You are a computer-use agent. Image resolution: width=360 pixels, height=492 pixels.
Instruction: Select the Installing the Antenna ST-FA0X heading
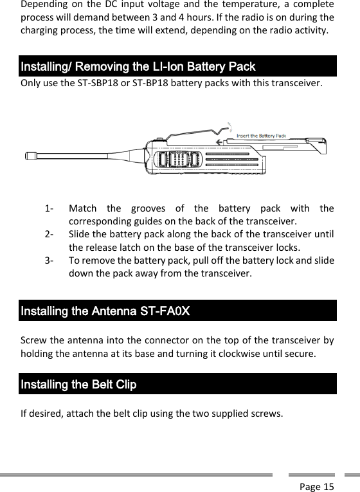105,311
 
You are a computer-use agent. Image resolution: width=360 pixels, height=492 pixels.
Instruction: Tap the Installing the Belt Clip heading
78,385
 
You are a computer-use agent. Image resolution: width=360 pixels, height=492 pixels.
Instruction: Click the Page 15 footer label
317,486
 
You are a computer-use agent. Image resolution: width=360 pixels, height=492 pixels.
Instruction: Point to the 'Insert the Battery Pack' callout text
261,136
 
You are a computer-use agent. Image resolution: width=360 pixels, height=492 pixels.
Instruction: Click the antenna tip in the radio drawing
30,156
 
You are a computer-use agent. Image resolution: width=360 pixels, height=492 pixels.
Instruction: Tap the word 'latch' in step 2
139,246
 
